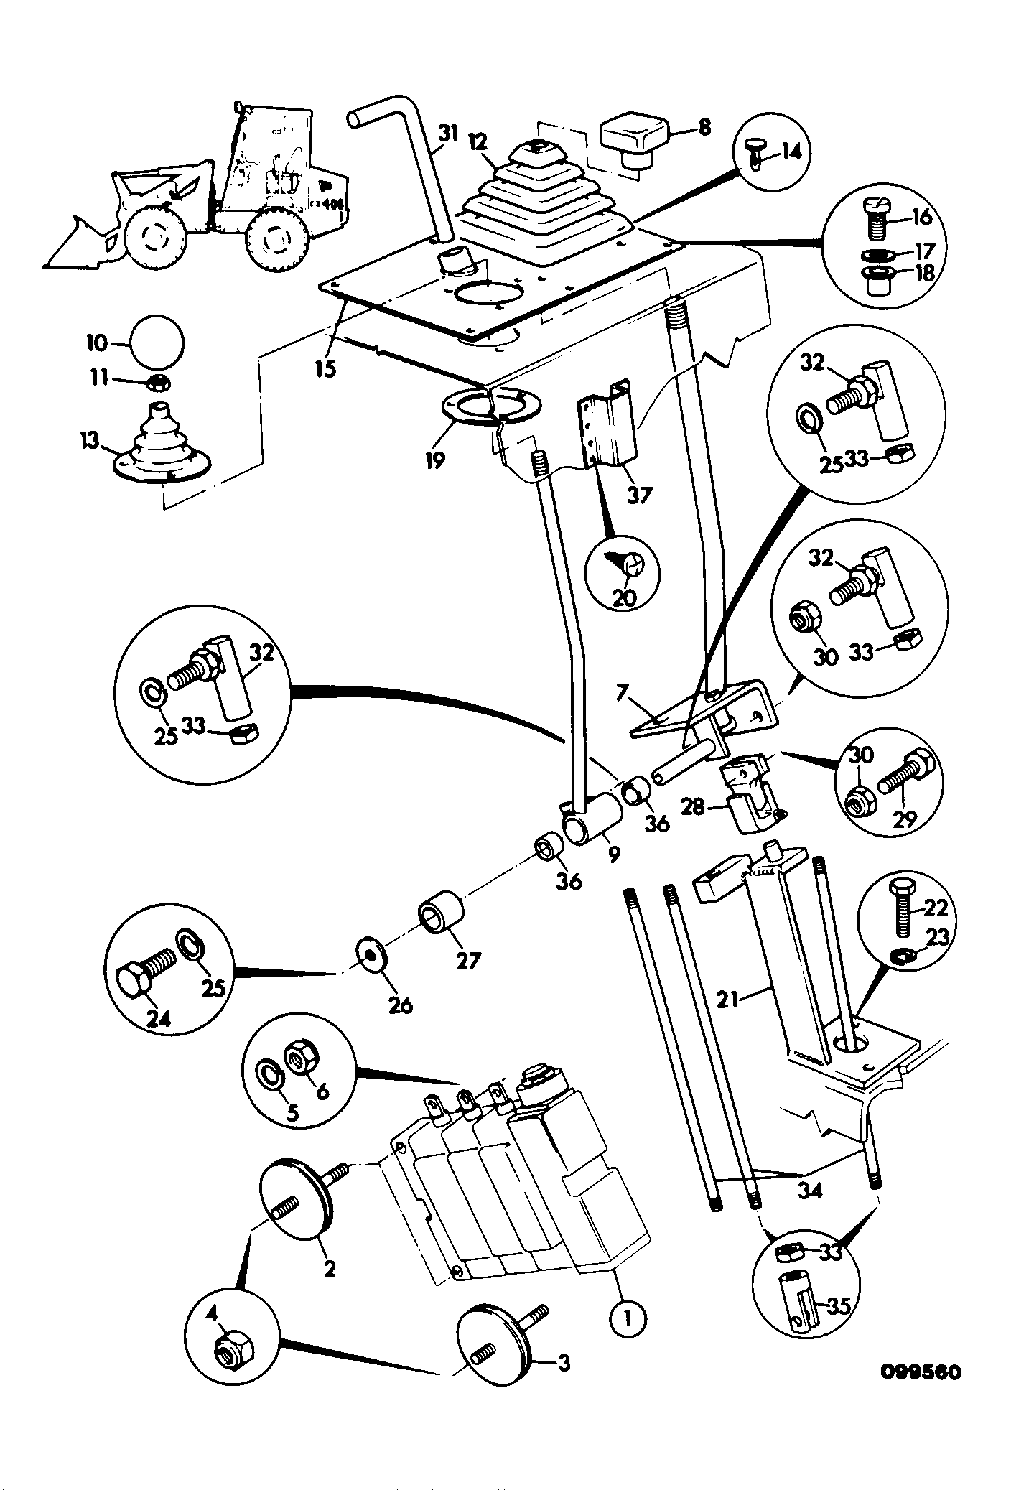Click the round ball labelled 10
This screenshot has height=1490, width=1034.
(x=157, y=343)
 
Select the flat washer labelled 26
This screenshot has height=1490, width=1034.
(x=371, y=953)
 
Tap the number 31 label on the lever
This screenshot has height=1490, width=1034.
(x=448, y=134)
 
